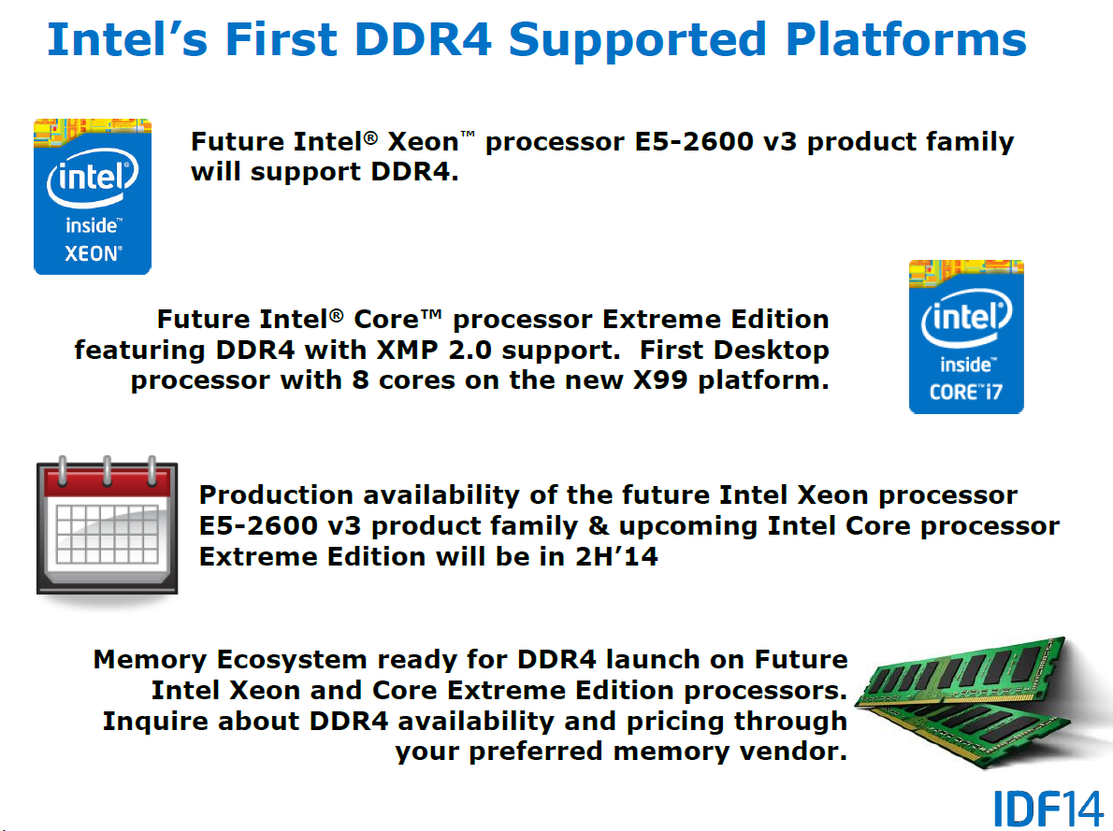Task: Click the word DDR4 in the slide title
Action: [423, 39]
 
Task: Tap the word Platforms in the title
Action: [905, 39]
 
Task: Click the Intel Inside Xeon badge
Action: [93, 196]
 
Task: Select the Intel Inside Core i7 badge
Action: [966, 337]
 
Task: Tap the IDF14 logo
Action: [1048, 809]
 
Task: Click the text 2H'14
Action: [616, 556]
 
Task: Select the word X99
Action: [660, 380]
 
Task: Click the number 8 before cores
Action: [361, 380]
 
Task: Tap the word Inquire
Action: [154, 721]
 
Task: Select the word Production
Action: [276, 494]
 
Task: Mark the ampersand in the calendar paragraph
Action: [599, 526]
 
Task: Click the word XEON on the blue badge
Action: [93, 253]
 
